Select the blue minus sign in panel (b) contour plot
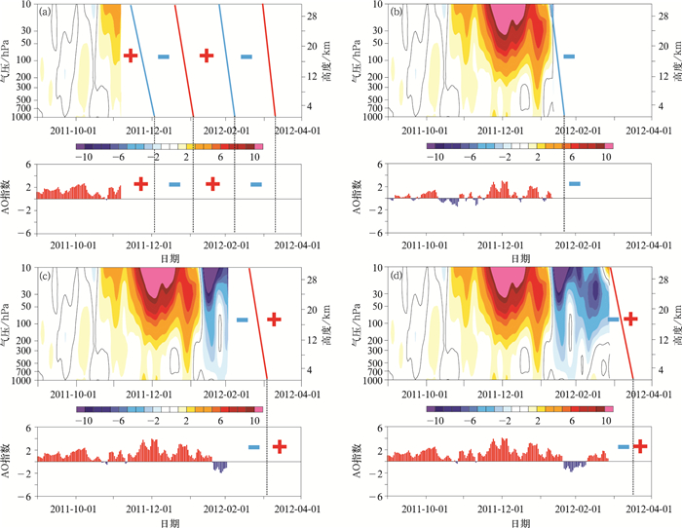pyautogui.click(x=569, y=57)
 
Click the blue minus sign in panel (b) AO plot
pyautogui.click(x=574, y=183)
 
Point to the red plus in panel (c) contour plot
pyautogui.click(x=274, y=319)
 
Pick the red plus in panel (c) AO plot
pyautogui.click(x=280, y=446)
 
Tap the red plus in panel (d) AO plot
pyautogui.click(x=640, y=445)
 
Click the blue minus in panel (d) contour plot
pyautogui.click(x=614, y=319)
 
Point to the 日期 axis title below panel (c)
pyautogui.click(x=169, y=523)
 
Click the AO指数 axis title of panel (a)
pyautogui.click(x=9, y=198)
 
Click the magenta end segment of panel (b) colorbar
pyautogui.click(x=610, y=146)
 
